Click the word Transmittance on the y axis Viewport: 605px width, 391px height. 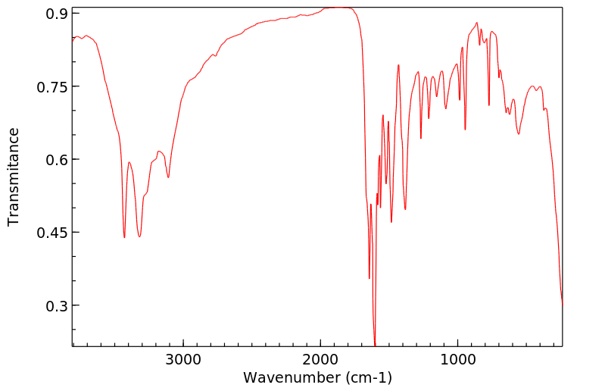coord(14,177)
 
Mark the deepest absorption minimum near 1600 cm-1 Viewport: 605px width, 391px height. coord(375,345)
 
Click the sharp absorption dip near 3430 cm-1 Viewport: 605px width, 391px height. coord(124,237)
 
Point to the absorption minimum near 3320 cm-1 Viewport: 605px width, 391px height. coord(139,237)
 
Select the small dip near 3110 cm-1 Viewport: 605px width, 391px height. coord(168,177)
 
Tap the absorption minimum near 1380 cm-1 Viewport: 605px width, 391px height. coord(405,209)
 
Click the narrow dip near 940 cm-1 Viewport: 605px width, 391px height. coord(465,130)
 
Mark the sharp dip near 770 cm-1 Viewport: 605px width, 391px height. coord(489,105)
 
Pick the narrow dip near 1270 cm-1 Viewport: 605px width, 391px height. coord(421,138)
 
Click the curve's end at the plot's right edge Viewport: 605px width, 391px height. coord(562,304)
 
